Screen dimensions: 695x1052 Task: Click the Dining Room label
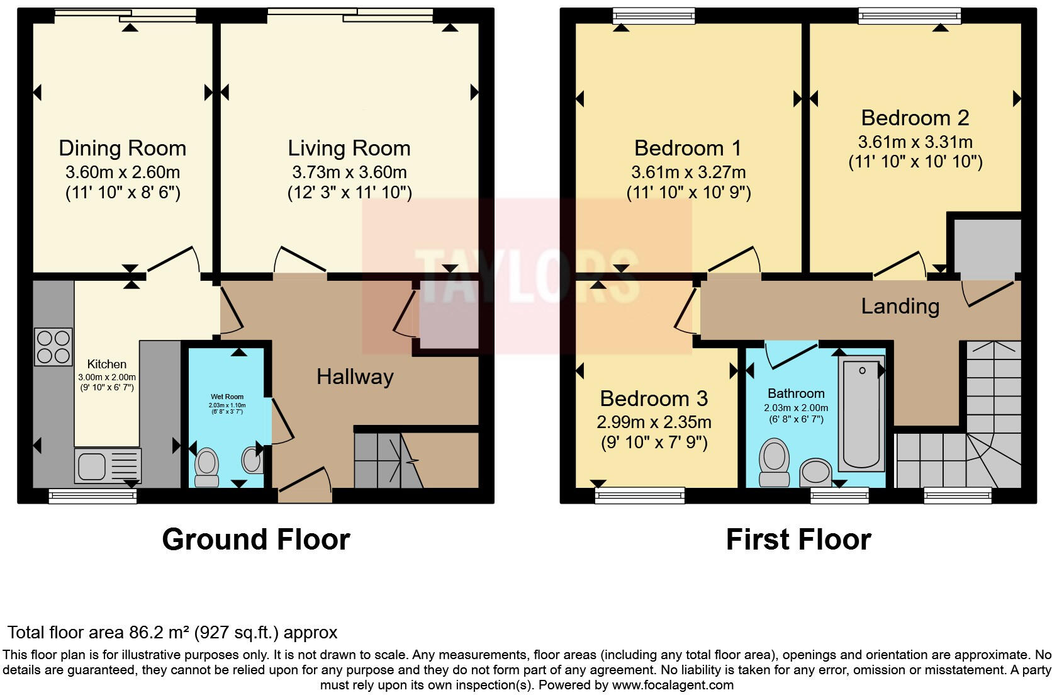pyautogui.click(x=122, y=149)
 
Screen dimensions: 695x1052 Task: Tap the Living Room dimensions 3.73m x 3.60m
pyautogui.click(x=349, y=172)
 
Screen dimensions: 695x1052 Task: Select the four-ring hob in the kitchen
pyautogui.click(x=53, y=347)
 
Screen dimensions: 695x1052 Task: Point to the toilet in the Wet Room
pyautogui.click(x=206, y=467)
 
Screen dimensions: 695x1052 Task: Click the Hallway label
pyautogui.click(x=355, y=377)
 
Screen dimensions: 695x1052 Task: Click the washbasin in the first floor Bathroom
pyautogui.click(x=815, y=472)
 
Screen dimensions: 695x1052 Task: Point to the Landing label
pyautogui.click(x=900, y=307)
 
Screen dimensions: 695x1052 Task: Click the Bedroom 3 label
pyautogui.click(x=654, y=398)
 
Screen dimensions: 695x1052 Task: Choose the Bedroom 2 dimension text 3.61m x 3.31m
pyautogui.click(x=915, y=142)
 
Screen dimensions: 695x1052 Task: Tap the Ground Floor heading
pyautogui.click(x=255, y=540)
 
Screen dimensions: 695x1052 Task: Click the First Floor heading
pyautogui.click(x=798, y=540)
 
